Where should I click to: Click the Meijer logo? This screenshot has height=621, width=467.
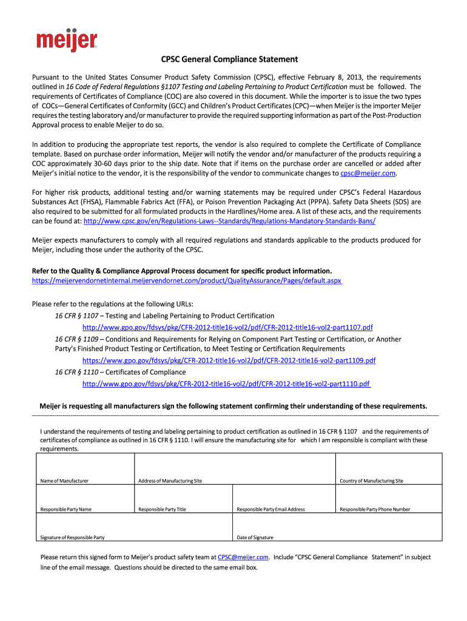pos(66,40)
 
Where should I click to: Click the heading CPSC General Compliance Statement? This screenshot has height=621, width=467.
pos(229,59)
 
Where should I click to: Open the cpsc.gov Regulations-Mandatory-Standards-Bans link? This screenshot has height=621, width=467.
pos(229,221)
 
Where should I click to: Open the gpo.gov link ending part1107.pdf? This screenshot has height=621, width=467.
pos(227,327)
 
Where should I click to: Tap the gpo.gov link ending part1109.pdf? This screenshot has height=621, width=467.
pos(229,360)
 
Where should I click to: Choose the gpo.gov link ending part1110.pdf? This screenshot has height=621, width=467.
pos(226,384)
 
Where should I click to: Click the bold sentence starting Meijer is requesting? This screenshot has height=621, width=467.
pos(233,406)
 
